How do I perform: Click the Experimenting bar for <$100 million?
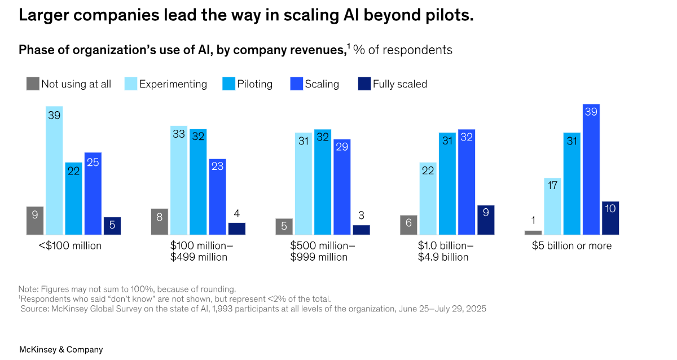pyautogui.click(x=54, y=170)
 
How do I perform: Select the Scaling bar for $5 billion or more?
pyautogui.click(x=591, y=169)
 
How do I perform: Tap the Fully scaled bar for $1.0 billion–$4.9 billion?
pyautogui.click(x=486, y=219)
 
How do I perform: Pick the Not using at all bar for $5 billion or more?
pyautogui.click(x=533, y=232)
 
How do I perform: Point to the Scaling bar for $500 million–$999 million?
pyautogui.click(x=342, y=187)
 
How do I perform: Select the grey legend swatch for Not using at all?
pyautogui.click(x=33, y=84)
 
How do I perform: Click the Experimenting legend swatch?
pyautogui.click(x=130, y=84)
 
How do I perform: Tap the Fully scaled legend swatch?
pyautogui.click(x=364, y=84)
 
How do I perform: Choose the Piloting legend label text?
pyautogui.click(x=254, y=84)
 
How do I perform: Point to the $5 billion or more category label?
pyautogui.click(x=572, y=246)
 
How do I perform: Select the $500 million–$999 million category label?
pyautogui.click(x=323, y=251)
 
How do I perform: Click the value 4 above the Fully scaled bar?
pyautogui.click(x=237, y=214)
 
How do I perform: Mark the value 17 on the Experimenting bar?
pyautogui.click(x=552, y=185)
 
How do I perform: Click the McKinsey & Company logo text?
pyautogui.click(x=61, y=350)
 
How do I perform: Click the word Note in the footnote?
pyautogui.click(x=28, y=288)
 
